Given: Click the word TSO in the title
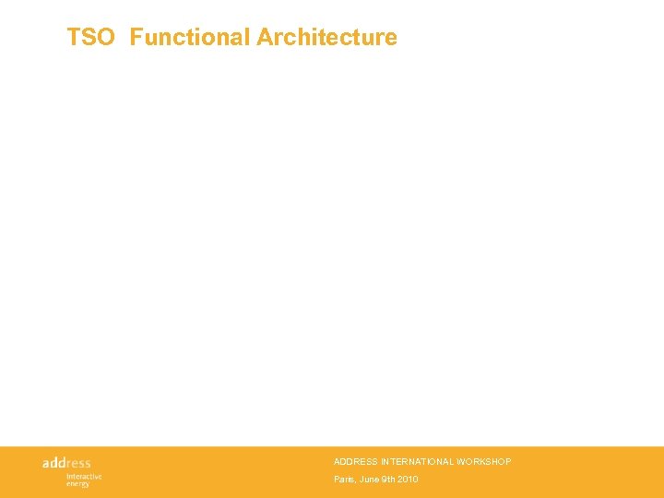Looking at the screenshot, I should pyautogui.click(x=90, y=38).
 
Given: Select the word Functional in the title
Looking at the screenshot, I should pyautogui.click(x=190, y=38).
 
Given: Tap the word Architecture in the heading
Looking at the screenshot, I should pyautogui.click(x=326, y=38).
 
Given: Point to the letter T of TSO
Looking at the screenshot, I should pyautogui.click(x=74, y=38).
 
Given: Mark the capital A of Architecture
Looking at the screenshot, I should pyautogui.click(x=265, y=38).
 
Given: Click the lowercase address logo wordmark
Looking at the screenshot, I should pyautogui.click(x=66, y=462).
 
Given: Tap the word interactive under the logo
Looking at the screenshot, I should pyautogui.click(x=84, y=476).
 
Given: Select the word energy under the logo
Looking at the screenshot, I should pyautogui.click(x=77, y=483).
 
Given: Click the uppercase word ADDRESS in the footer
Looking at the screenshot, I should pyautogui.click(x=355, y=461).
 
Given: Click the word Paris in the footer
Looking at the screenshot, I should pyautogui.click(x=344, y=480).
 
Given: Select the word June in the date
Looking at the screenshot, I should pyautogui.click(x=368, y=480).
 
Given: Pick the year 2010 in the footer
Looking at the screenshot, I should pyautogui.click(x=409, y=480).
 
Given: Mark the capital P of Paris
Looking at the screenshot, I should pyautogui.click(x=337, y=480).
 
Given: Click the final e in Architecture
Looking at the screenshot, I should pyautogui.click(x=391, y=38).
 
